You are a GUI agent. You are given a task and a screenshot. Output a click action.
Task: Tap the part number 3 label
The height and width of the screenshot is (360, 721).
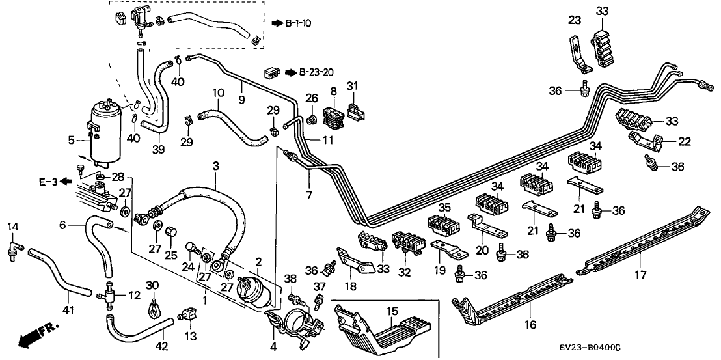pyautogui.click(x=215, y=167)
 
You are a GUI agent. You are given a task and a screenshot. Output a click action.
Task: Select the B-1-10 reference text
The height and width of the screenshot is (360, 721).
pyautogui.click(x=299, y=23)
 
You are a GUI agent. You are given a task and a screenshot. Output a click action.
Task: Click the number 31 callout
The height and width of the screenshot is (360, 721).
pyautogui.click(x=352, y=86)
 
